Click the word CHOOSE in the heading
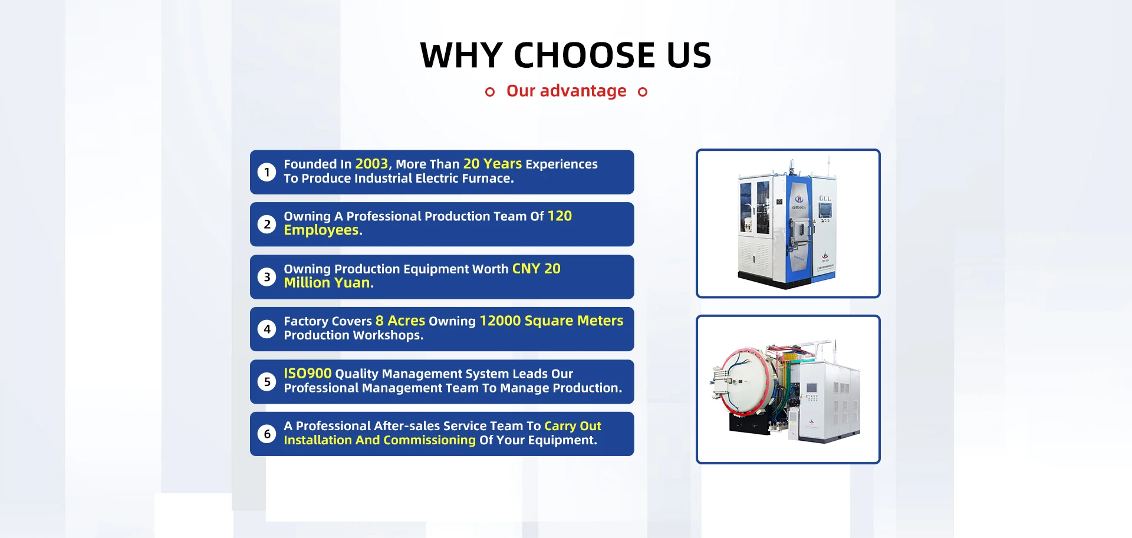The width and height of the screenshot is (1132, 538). click(585, 55)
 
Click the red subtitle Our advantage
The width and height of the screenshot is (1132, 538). click(566, 91)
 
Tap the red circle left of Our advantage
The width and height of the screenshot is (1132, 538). click(489, 91)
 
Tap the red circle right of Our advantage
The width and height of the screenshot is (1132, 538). click(643, 91)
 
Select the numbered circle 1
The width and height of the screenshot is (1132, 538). click(266, 172)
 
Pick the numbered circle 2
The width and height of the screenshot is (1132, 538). click(266, 225)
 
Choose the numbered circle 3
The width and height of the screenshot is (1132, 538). click(266, 277)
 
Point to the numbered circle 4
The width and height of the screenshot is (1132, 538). click(266, 329)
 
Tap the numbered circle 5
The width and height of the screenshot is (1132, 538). click(266, 382)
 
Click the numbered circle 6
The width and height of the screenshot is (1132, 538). click(266, 434)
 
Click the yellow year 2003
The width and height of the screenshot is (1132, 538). click(371, 164)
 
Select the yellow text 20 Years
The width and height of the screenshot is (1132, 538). click(492, 164)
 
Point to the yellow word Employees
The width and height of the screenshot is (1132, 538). click(321, 230)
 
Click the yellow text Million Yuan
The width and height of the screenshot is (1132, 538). click(327, 283)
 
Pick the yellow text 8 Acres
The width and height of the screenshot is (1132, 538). click(400, 321)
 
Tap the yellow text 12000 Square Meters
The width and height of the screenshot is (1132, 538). click(551, 321)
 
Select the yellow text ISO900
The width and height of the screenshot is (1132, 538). click(308, 374)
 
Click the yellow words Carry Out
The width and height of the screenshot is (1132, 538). click(572, 426)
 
